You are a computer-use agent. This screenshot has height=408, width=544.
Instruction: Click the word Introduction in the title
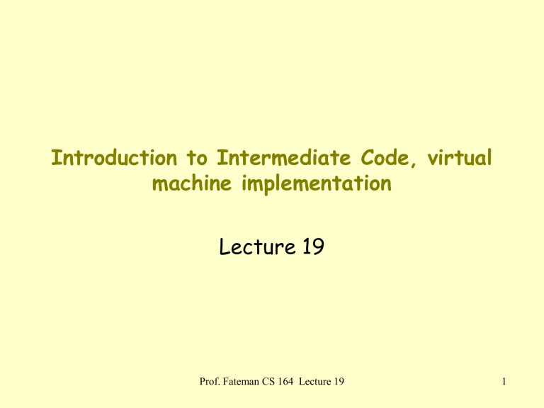(x=114, y=157)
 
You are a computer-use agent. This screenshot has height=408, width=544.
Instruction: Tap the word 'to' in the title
(x=197, y=158)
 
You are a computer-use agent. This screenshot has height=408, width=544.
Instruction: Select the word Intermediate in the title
(x=284, y=157)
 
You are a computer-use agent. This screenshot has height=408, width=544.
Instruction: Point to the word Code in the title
(x=385, y=157)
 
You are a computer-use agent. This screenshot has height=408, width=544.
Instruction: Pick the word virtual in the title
(x=459, y=157)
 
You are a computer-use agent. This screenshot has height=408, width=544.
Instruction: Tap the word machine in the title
(x=192, y=183)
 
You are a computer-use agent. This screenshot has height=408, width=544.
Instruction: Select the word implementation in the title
(x=317, y=183)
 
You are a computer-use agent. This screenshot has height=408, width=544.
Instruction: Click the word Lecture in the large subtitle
(x=257, y=246)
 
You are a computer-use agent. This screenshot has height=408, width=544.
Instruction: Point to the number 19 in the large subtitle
(x=313, y=246)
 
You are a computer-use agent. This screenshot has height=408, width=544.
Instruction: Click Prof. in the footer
(x=210, y=382)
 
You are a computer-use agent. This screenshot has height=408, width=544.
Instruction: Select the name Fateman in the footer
(x=241, y=382)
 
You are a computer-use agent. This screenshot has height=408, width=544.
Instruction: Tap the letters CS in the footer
(x=268, y=382)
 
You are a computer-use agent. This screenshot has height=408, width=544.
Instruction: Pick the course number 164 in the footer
(x=285, y=382)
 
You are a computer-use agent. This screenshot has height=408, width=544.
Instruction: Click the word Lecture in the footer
(x=315, y=382)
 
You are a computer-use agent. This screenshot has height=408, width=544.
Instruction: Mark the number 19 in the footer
(x=339, y=382)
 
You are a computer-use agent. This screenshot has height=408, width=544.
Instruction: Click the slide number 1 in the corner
(x=504, y=382)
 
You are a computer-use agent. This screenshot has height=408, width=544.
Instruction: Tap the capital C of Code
(x=368, y=158)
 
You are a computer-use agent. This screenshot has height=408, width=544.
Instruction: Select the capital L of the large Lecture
(x=224, y=246)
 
